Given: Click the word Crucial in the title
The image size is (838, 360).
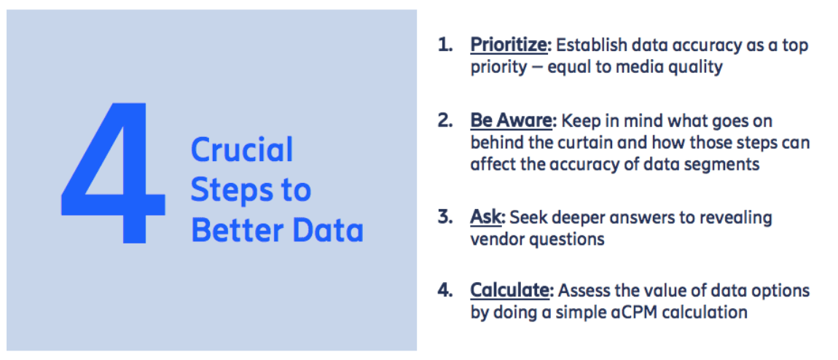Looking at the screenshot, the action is (242, 149).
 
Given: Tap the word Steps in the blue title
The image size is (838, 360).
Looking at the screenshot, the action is (229, 190).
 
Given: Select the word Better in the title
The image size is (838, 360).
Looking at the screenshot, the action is (240, 231).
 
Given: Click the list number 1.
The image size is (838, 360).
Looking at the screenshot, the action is (445, 45).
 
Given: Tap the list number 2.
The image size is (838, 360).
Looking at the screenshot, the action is (445, 121).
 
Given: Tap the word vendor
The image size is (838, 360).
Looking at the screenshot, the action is (497, 239).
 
